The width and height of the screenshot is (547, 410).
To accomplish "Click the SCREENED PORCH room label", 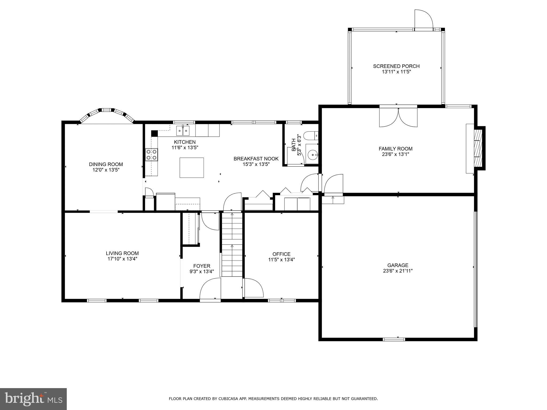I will (x=396, y=66).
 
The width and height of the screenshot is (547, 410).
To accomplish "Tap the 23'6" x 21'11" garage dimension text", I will (x=398, y=271).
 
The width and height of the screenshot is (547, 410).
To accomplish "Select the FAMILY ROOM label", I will (x=395, y=149).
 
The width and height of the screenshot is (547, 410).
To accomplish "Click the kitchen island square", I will (x=192, y=168).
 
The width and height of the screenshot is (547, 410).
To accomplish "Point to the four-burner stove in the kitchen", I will (x=151, y=155).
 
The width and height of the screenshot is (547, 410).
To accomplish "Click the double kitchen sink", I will (x=183, y=131).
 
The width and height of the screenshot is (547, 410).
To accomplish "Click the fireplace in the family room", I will (x=477, y=148).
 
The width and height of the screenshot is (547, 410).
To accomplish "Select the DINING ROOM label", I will (x=106, y=164).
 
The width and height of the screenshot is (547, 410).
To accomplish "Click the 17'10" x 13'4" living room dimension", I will (x=122, y=259).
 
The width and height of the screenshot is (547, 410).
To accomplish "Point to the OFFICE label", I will (x=281, y=254).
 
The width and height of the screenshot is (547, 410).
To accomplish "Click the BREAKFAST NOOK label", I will (x=256, y=159).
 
